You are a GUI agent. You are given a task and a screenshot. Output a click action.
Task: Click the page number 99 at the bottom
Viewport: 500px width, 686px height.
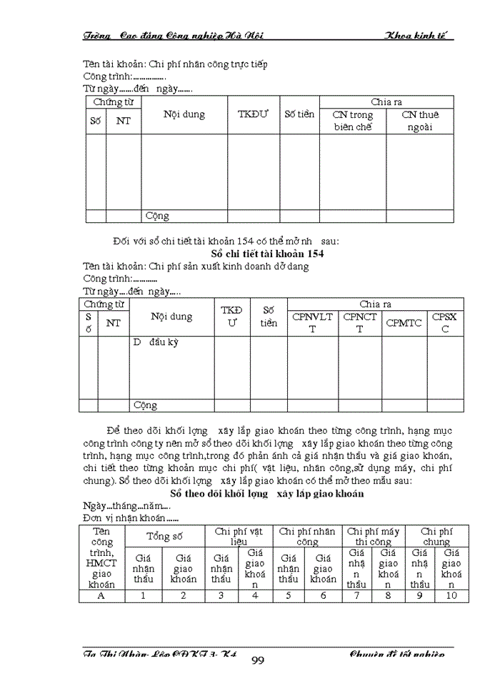[258, 660]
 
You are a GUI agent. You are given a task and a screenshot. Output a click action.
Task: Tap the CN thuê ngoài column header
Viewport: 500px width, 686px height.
[419, 121]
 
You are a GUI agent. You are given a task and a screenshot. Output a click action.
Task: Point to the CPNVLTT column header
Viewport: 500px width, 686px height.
[312, 323]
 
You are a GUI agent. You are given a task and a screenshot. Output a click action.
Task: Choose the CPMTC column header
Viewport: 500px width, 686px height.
[404, 323]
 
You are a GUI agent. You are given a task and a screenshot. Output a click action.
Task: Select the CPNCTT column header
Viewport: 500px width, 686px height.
[360, 323]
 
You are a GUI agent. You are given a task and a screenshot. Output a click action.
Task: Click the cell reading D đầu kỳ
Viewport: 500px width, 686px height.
[155, 342]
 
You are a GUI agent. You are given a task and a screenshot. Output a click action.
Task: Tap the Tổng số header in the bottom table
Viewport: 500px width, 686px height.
[164, 536]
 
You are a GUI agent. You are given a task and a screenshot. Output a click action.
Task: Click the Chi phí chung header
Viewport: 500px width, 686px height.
[436, 536]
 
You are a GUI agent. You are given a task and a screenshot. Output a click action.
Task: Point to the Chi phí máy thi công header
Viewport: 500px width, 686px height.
[373, 536]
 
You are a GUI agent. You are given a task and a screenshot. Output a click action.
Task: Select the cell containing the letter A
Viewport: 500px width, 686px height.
[101, 595]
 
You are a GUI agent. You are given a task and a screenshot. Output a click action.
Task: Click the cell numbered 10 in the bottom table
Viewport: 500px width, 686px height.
[451, 595]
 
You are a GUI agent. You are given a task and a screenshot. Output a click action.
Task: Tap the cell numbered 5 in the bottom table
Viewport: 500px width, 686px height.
[289, 595]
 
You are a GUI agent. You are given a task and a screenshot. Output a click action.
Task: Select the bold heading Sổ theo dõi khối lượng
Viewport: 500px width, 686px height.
[267, 494]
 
